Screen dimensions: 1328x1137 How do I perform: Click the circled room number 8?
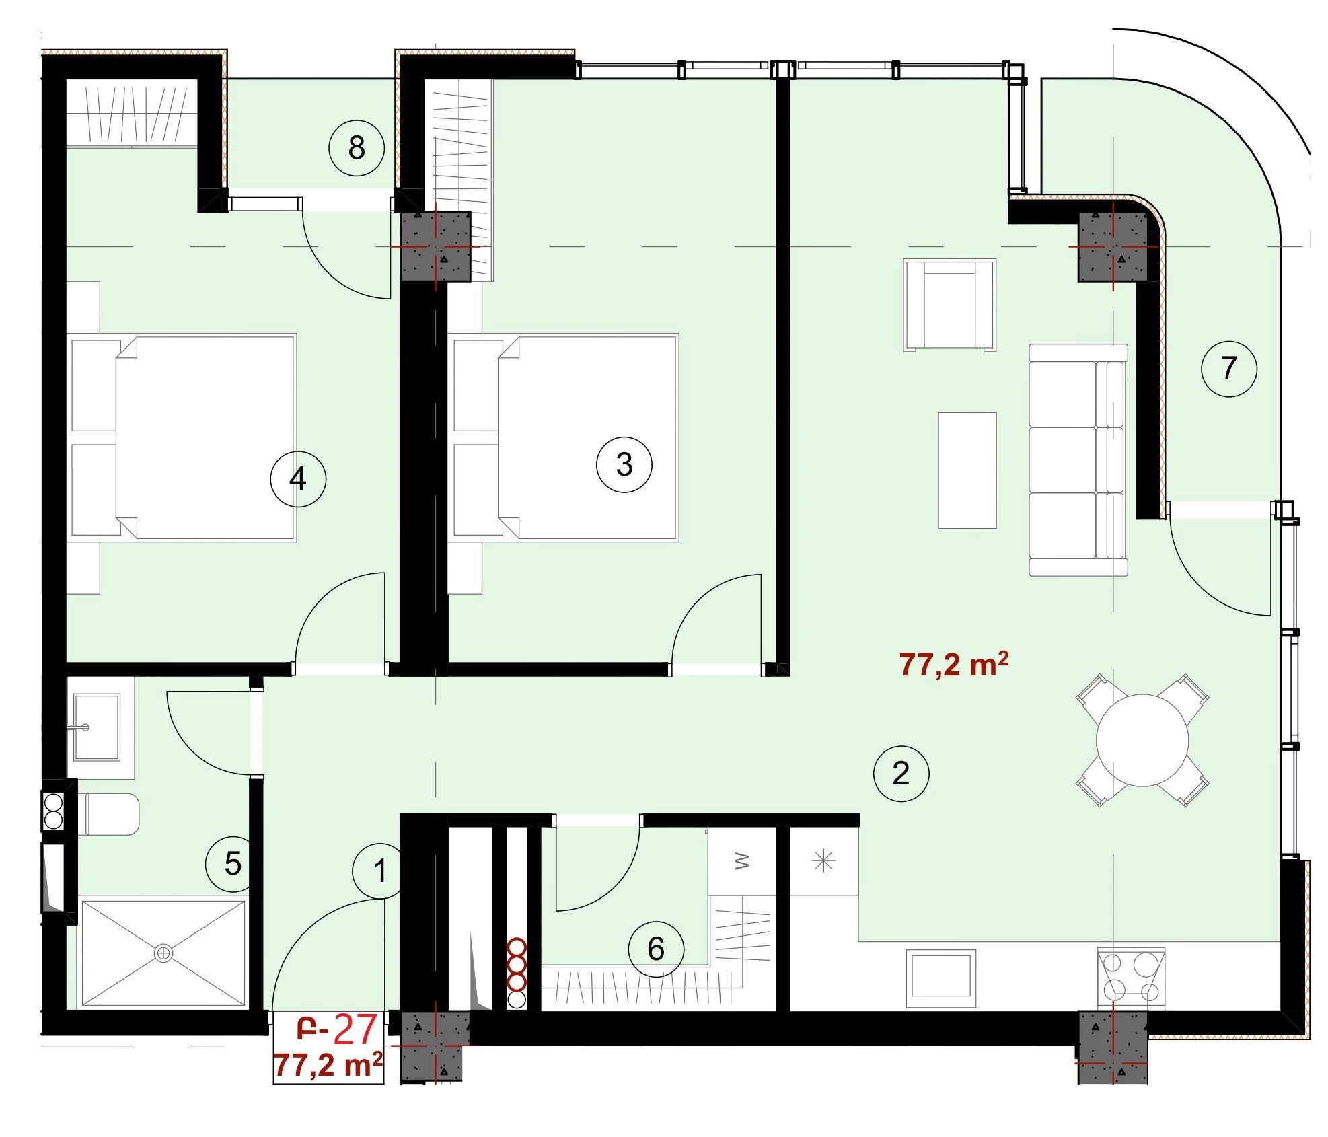click(357, 147)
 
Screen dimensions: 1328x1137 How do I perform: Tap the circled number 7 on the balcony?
click(1229, 368)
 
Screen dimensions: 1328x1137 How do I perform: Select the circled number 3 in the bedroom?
click(624, 464)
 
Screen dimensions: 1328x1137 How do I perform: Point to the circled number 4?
click(298, 479)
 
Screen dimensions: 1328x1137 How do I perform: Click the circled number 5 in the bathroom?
click(233, 863)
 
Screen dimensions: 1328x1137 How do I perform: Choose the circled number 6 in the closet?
click(656, 949)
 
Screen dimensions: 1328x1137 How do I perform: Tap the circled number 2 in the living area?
click(901, 773)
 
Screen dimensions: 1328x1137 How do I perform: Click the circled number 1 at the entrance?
click(380, 871)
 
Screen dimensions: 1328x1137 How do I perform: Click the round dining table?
click(1142, 740)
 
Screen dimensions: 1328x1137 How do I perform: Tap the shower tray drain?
click(163, 953)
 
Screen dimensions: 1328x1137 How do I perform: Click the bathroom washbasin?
click(97, 727)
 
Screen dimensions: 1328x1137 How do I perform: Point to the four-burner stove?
click(1131, 977)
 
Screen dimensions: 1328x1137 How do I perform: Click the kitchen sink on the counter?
click(940, 978)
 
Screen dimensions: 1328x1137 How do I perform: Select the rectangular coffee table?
click(967, 470)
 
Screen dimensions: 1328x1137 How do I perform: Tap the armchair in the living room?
click(949, 305)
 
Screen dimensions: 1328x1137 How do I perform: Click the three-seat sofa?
click(1078, 460)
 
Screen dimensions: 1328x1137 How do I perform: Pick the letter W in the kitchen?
click(742, 860)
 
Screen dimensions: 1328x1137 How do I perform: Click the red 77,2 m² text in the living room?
click(953, 664)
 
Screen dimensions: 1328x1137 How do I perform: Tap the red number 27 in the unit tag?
click(355, 1030)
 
